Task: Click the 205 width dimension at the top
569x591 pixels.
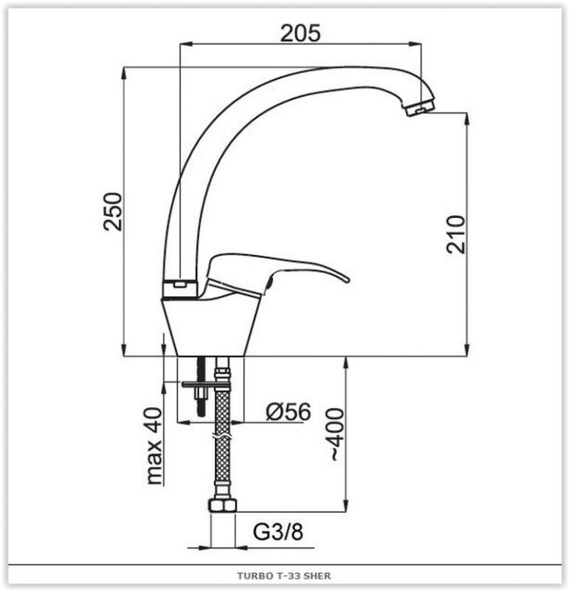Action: [x=300, y=33]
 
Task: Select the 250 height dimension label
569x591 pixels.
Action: [x=114, y=211]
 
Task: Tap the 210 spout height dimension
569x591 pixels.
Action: [x=456, y=234]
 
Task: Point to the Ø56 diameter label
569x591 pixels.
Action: [x=289, y=411]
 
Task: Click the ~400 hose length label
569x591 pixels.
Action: [x=336, y=434]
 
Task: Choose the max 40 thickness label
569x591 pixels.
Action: [x=154, y=446]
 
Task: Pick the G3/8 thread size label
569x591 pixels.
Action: [x=278, y=532]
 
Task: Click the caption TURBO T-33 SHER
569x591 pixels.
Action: [x=284, y=576]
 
